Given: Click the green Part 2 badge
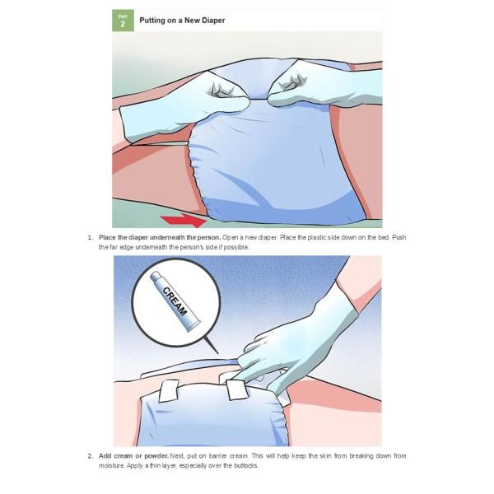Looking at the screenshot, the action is coord(123,21).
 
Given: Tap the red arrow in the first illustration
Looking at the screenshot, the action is coord(184,220).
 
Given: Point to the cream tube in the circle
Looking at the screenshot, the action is coord(175,301).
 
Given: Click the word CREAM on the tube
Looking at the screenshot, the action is coord(175,301).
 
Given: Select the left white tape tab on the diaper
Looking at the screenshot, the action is coord(169,390).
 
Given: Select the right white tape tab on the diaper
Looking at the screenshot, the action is coord(236,389).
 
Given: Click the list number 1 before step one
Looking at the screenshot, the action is coord(91,238).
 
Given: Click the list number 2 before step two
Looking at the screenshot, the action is coord(91,456).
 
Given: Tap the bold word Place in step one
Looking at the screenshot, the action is coord(107,237).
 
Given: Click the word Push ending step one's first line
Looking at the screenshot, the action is coord(398,237).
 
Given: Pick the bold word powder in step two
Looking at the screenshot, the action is coord(156,456).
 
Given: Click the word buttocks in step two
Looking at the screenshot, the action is coord(245,466).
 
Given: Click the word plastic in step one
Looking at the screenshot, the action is coord(317,237).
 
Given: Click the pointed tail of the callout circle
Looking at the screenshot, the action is coord(217,352).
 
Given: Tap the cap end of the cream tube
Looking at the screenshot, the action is coord(155,277).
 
